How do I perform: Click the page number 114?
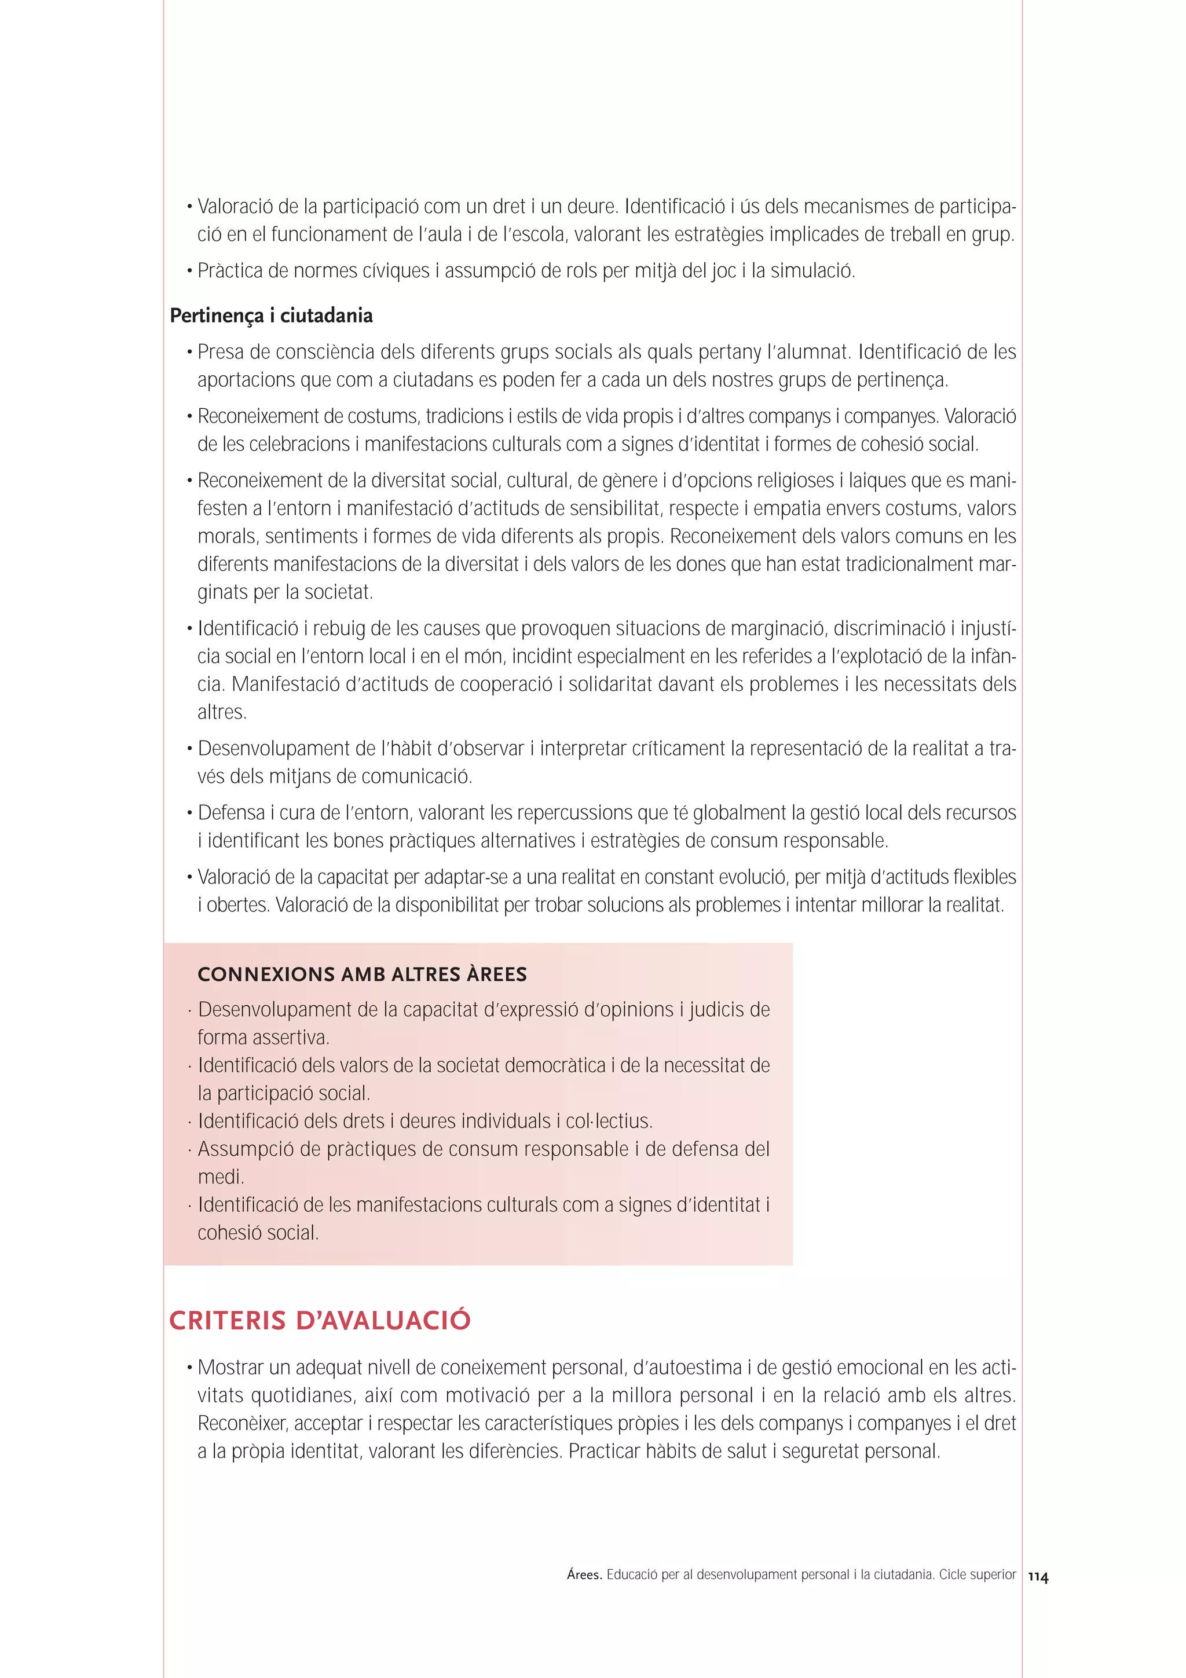[x=1038, y=1577]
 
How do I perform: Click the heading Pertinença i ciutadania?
[x=271, y=316]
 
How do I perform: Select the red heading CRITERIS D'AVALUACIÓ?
[x=319, y=1321]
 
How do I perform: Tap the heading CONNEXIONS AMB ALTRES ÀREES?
[x=362, y=974]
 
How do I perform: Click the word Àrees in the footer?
[x=584, y=1575]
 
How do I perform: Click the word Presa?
[x=221, y=352]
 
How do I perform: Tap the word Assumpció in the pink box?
[x=246, y=1149]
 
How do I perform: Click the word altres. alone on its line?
[x=221, y=712]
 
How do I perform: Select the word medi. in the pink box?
[x=221, y=1177]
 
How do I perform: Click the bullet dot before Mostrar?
[x=189, y=1368]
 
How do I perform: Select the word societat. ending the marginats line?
[x=338, y=592]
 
